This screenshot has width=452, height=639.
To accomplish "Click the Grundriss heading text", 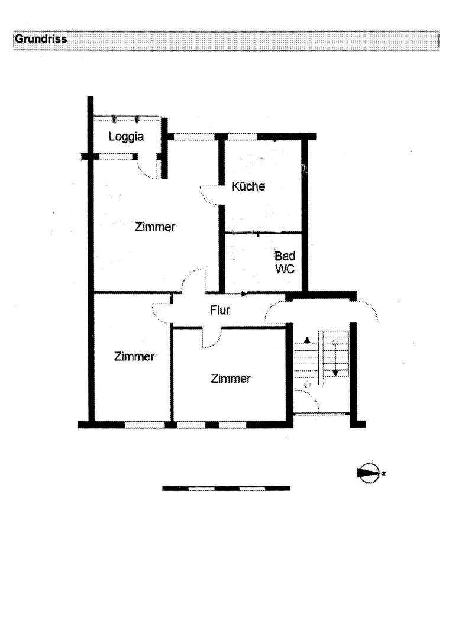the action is click(41, 40).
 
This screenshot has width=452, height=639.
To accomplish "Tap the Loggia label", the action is click(126, 137).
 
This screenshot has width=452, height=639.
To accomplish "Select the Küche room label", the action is click(248, 186).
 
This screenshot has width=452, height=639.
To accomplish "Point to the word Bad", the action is click(285, 256).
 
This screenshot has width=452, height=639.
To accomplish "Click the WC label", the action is click(285, 269).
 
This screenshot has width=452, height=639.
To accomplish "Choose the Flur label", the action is click(220, 311).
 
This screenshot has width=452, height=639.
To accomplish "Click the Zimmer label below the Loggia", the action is click(155, 227).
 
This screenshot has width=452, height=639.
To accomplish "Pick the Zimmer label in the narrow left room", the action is click(134, 357).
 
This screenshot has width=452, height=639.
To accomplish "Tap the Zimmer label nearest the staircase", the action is click(231, 379).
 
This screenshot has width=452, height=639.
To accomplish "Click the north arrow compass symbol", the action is click(369, 473).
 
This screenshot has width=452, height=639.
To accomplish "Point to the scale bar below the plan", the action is click(226, 488).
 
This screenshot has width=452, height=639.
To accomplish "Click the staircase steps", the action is click(322, 354).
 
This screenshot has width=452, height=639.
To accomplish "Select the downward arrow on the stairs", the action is click(335, 359).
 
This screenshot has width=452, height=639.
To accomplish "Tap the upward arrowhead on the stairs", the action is click(307, 339).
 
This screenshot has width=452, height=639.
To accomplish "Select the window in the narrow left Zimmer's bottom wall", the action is click(144, 425).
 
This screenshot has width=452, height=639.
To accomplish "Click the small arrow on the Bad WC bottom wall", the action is click(244, 293).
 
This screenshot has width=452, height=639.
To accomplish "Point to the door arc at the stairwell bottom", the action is click(309, 399).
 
